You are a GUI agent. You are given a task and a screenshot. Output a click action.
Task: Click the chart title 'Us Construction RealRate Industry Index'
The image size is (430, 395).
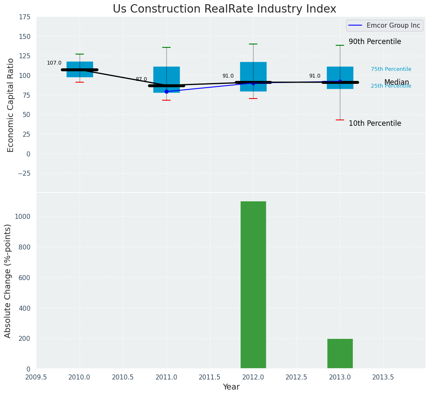[224, 9]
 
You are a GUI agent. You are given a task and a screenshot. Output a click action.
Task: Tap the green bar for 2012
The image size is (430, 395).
[253, 285]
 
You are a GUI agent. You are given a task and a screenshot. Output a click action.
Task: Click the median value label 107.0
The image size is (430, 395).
[54, 63]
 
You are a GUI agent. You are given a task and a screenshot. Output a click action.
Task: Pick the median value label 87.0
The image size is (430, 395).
[141, 79]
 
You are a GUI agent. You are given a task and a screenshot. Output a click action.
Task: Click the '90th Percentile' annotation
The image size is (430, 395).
[375, 42]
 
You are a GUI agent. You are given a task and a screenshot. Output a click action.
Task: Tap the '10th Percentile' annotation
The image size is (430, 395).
[375, 124]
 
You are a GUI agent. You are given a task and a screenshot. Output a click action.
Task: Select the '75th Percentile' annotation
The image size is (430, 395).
[391, 69]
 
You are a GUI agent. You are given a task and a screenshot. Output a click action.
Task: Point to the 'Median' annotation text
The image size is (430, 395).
[396, 83]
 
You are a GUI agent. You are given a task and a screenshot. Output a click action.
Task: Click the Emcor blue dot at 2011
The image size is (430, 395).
[166, 91]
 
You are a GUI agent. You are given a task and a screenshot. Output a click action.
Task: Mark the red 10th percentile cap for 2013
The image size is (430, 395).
[340, 120]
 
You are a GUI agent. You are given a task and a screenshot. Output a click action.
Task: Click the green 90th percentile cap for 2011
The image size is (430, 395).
[166, 47]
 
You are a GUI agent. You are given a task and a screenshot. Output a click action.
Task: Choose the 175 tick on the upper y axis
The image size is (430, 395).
[24, 17]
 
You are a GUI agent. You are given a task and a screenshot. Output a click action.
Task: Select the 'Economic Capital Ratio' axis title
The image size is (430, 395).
[11, 105]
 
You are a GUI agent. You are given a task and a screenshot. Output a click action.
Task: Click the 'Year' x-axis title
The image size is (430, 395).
[231, 387]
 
